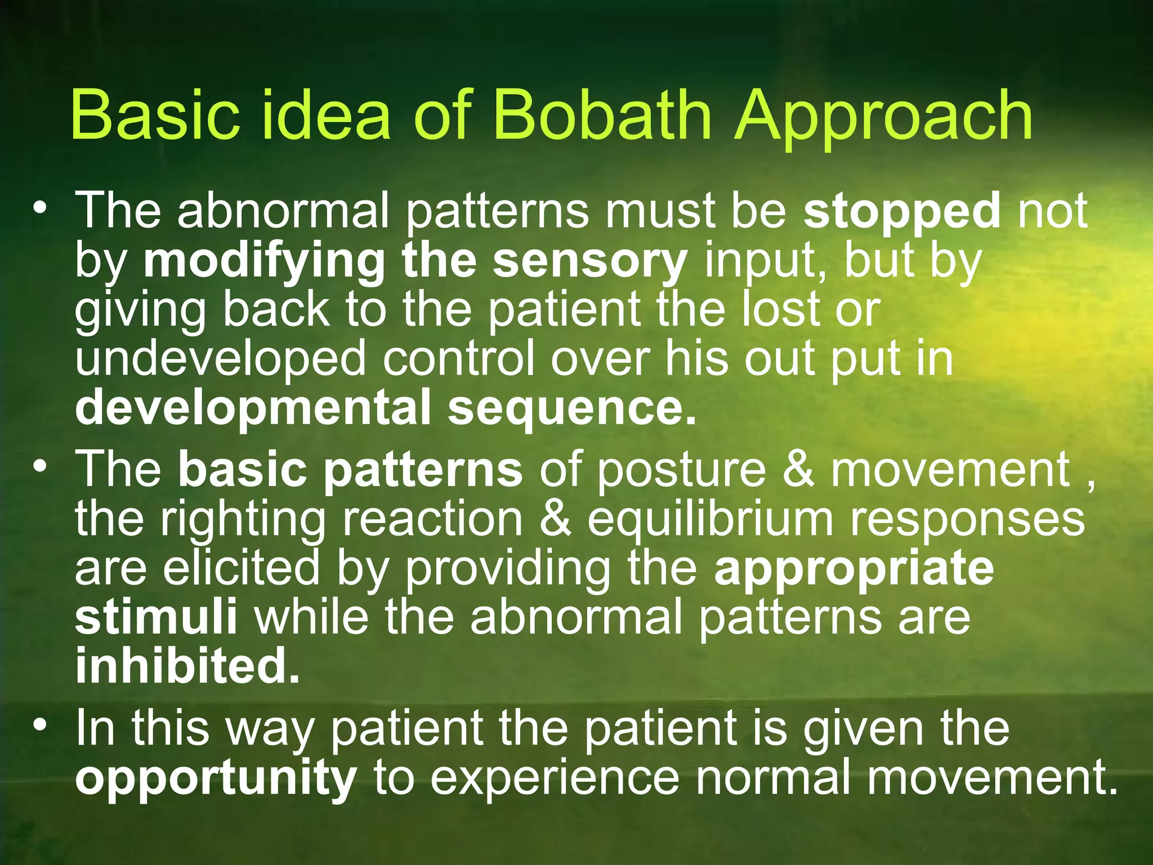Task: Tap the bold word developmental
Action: (253, 408)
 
